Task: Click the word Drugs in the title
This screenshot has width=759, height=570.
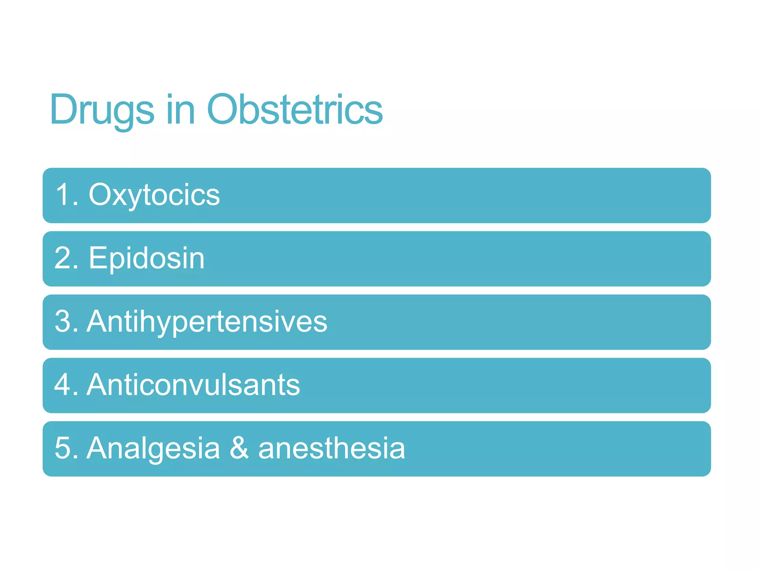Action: [x=102, y=110]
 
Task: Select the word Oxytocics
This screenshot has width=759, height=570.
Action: [x=154, y=195]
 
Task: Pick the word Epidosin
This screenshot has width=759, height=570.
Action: [x=146, y=258]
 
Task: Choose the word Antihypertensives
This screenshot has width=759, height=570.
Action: [x=207, y=322]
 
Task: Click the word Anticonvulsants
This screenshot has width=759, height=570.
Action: [x=193, y=385]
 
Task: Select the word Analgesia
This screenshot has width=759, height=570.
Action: [x=153, y=448]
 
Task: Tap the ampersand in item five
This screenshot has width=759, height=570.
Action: [x=239, y=448]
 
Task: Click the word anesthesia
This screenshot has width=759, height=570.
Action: [x=332, y=448]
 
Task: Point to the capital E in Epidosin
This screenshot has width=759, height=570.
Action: [x=97, y=258]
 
